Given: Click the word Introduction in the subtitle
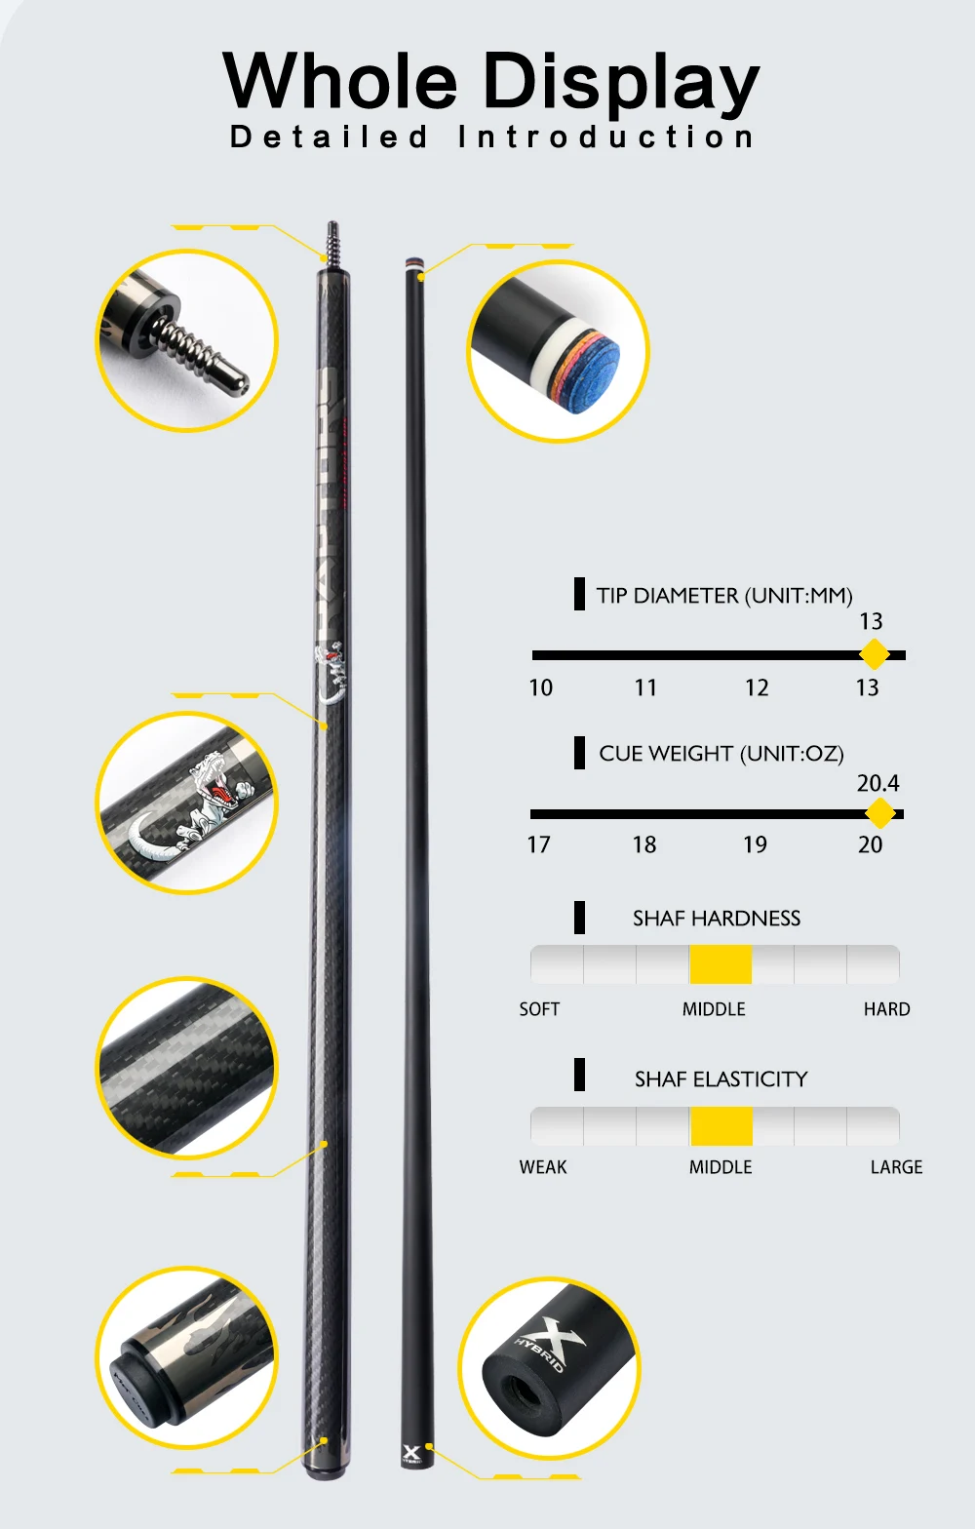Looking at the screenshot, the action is (605, 137).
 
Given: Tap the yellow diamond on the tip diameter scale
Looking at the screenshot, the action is (875, 654).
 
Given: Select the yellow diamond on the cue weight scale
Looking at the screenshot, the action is (879, 813).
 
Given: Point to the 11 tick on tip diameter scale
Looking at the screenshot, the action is (645, 688).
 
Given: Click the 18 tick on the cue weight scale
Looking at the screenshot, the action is (644, 845).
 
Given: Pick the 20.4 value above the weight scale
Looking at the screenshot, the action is (877, 783).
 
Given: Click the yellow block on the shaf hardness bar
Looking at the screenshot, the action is (721, 964).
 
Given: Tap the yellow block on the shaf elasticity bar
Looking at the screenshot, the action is (721, 1126).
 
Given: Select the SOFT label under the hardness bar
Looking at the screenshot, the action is (539, 1009).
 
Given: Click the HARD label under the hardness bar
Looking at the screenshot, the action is (886, 1009).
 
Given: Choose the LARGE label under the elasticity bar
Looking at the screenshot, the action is (896, 1167).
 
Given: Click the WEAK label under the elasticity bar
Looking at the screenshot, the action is (543, 1167).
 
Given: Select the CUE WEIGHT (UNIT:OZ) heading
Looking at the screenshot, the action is (721, 754).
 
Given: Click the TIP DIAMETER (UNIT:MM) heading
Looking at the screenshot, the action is (724, 596).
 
